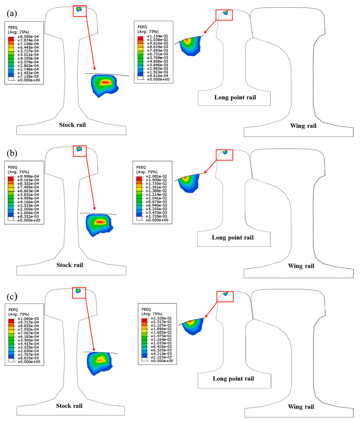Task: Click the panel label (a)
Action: (x=12, y=13)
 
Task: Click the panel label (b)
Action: (x=12, y=153)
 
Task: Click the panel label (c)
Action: (x=12, y=297)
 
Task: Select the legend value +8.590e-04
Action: (x=28, y=37)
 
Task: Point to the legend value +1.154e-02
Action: (x=157, y=36)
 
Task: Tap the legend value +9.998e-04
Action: (x=28, y=176)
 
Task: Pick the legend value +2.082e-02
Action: (x=156, y=176)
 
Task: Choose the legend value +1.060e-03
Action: (x=28, y=319)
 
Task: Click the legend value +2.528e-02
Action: (x=161, y=318)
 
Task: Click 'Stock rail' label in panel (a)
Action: (x=73, y=124)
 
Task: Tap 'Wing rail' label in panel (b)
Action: (x=301, y=266)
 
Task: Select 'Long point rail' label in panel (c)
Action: (x=233, y=379)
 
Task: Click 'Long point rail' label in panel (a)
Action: (x=235, y=98)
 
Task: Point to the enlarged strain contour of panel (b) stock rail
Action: (x=99, y=224)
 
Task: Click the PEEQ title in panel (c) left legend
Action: (x=13, y=309)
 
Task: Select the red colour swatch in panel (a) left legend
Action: (x=11, y=39)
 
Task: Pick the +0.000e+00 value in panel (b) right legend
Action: (x=157, y=220)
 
